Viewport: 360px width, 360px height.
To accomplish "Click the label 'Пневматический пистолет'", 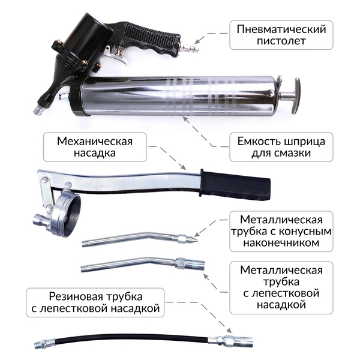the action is tap(281, 35).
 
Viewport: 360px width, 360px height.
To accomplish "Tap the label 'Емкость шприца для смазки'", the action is tap(281, 147).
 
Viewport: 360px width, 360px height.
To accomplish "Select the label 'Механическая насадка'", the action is tap(95, 147).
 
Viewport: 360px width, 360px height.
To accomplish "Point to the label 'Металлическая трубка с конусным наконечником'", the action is tap(281, 231).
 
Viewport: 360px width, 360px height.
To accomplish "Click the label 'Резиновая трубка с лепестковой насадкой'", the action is tap(95, 302).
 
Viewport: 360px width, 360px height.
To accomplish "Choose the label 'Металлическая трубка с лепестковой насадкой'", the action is tap(281, 287).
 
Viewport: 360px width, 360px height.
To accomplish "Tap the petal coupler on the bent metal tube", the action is tap(190, 263).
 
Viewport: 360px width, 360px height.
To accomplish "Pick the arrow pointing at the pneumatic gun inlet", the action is tap(211, 37).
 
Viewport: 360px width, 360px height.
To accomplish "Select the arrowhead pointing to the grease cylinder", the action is tap(185, 119).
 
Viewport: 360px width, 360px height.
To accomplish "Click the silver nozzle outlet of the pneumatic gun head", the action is tap(38, 110).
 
